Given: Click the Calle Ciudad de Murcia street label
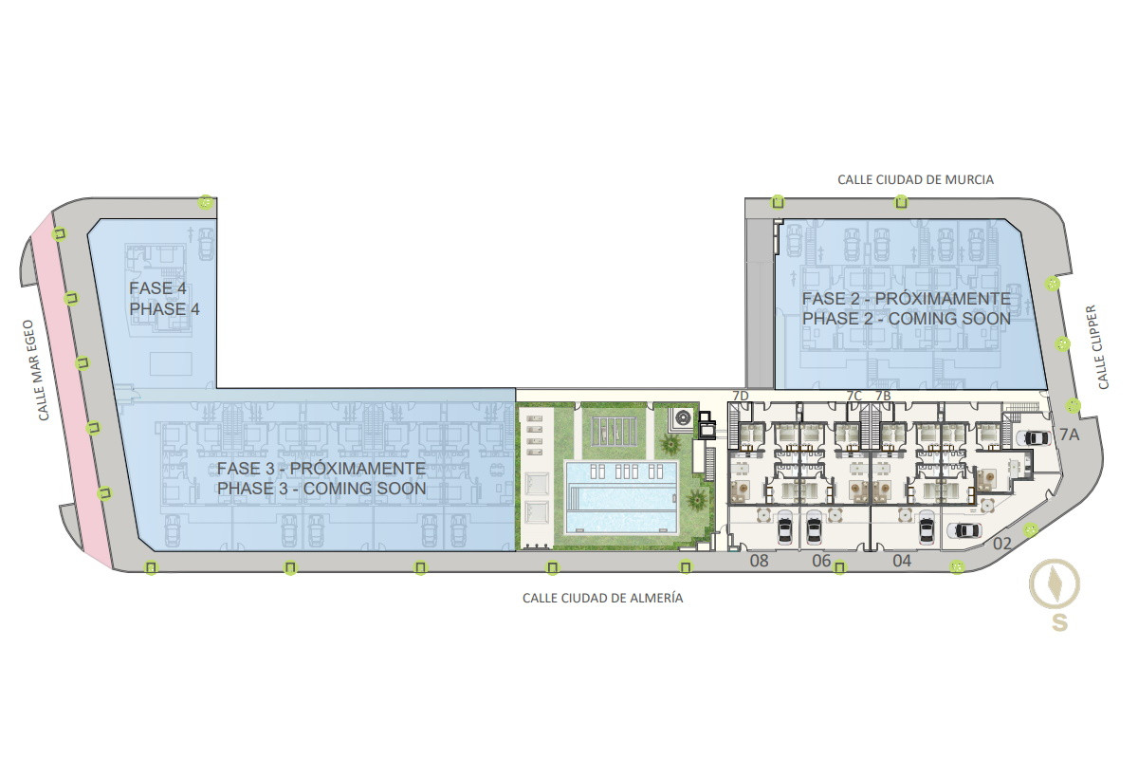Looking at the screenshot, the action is pyautogui.click(x=915, y=179).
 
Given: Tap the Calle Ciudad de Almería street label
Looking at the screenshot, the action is pyautogui.click(x=602, y=598).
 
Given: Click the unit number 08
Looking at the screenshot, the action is pyautogui.click(x=759, y=561).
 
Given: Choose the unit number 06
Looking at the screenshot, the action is pyautogui.click(x=821, y=561).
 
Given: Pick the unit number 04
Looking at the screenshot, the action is pyautogui.click(x=902, y=561).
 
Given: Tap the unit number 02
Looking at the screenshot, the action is pyautogui.click(x=1001, y=544).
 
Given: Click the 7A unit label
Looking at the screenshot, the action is pyautogui.click(x=1070, y=435).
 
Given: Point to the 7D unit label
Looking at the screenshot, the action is pyautogui.click(x=741, y=396).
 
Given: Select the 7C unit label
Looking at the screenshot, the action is pyautogui.click(x=854, y=396).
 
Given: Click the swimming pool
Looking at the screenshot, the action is pyautogui.click(x=622, y=497).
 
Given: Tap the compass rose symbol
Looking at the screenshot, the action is pyautogui.click(x=1055, y=584).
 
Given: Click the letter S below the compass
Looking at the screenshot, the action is pyautogui.click(x=1059, y=622).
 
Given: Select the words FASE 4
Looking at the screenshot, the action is pyautogui.click(x=157, y=288).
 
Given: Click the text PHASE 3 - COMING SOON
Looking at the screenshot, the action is pyautogui.click(x=321, y=489).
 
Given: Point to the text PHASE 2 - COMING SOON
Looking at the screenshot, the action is pyautogui.click(x=907, y=319).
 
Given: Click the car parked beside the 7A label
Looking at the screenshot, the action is pyautogui.click(x=1033, y=437).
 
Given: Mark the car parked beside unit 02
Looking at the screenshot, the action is pyautogui.click(x=964, y=530).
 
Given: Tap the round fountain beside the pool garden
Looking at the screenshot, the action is pyautogui.click(x=682, y=418).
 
